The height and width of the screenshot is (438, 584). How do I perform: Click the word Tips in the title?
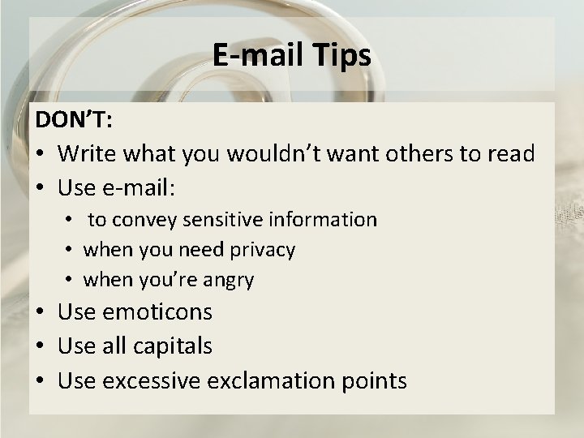pyautogui.click(x=337, y=56)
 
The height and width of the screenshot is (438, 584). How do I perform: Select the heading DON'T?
pyautogui.click(x=74, y=120)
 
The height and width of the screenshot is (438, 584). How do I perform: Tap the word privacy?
pyautogui.click(x=262, y=250)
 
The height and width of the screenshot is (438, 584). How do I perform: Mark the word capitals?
pyautogui.click(x=173, y=346)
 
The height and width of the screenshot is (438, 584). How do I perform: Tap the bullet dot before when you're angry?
pyautogui.click(x=71, y=281)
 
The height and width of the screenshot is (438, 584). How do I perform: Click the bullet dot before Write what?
pyautogui.click(x=42, y=154)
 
